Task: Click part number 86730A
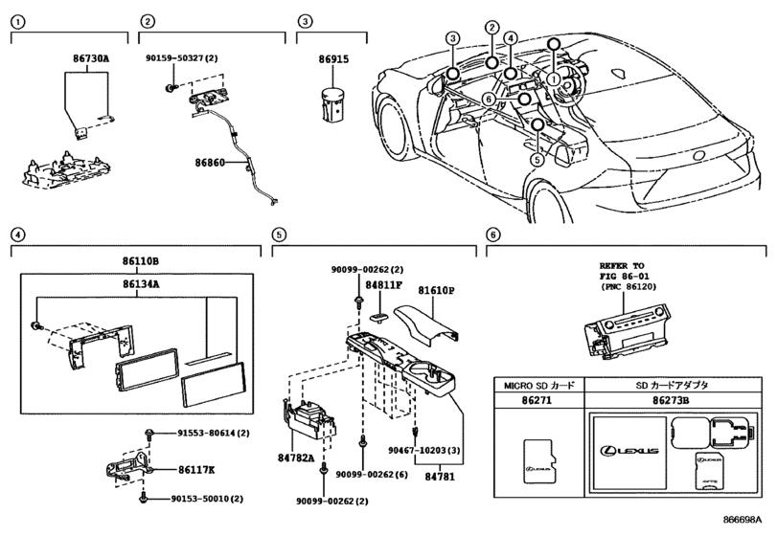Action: pyautogui.click(x=91, y=58)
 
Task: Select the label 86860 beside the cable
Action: pyautogui.click(x=210, y=163)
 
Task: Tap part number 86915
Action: pyautogui.click(x=333, y=59)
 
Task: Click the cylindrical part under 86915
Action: pyautogui.click(x=332, y=104)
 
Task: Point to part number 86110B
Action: pyautogui.click(x=141, y=261)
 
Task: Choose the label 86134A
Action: pyautogui.click(x=141, y=284)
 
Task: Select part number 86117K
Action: pyautogui.click(x=196, y=470)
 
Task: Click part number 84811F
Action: pyautogui.click(x=383, y=285)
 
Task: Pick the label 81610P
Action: pyautogui.click(x=436, y=290)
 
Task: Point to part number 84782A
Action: pyautogui.click(x=296, y=458)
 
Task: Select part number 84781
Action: pyautogui.click(x=440, y=477)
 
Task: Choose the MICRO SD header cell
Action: pyautogui.click(x=539, y=385)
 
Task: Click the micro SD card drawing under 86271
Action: pyautogui.click(x=538, y=460)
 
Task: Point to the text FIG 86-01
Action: pyautogui.click(x=624, y=277)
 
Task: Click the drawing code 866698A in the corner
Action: pyautogui.click(x=742, y=520)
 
